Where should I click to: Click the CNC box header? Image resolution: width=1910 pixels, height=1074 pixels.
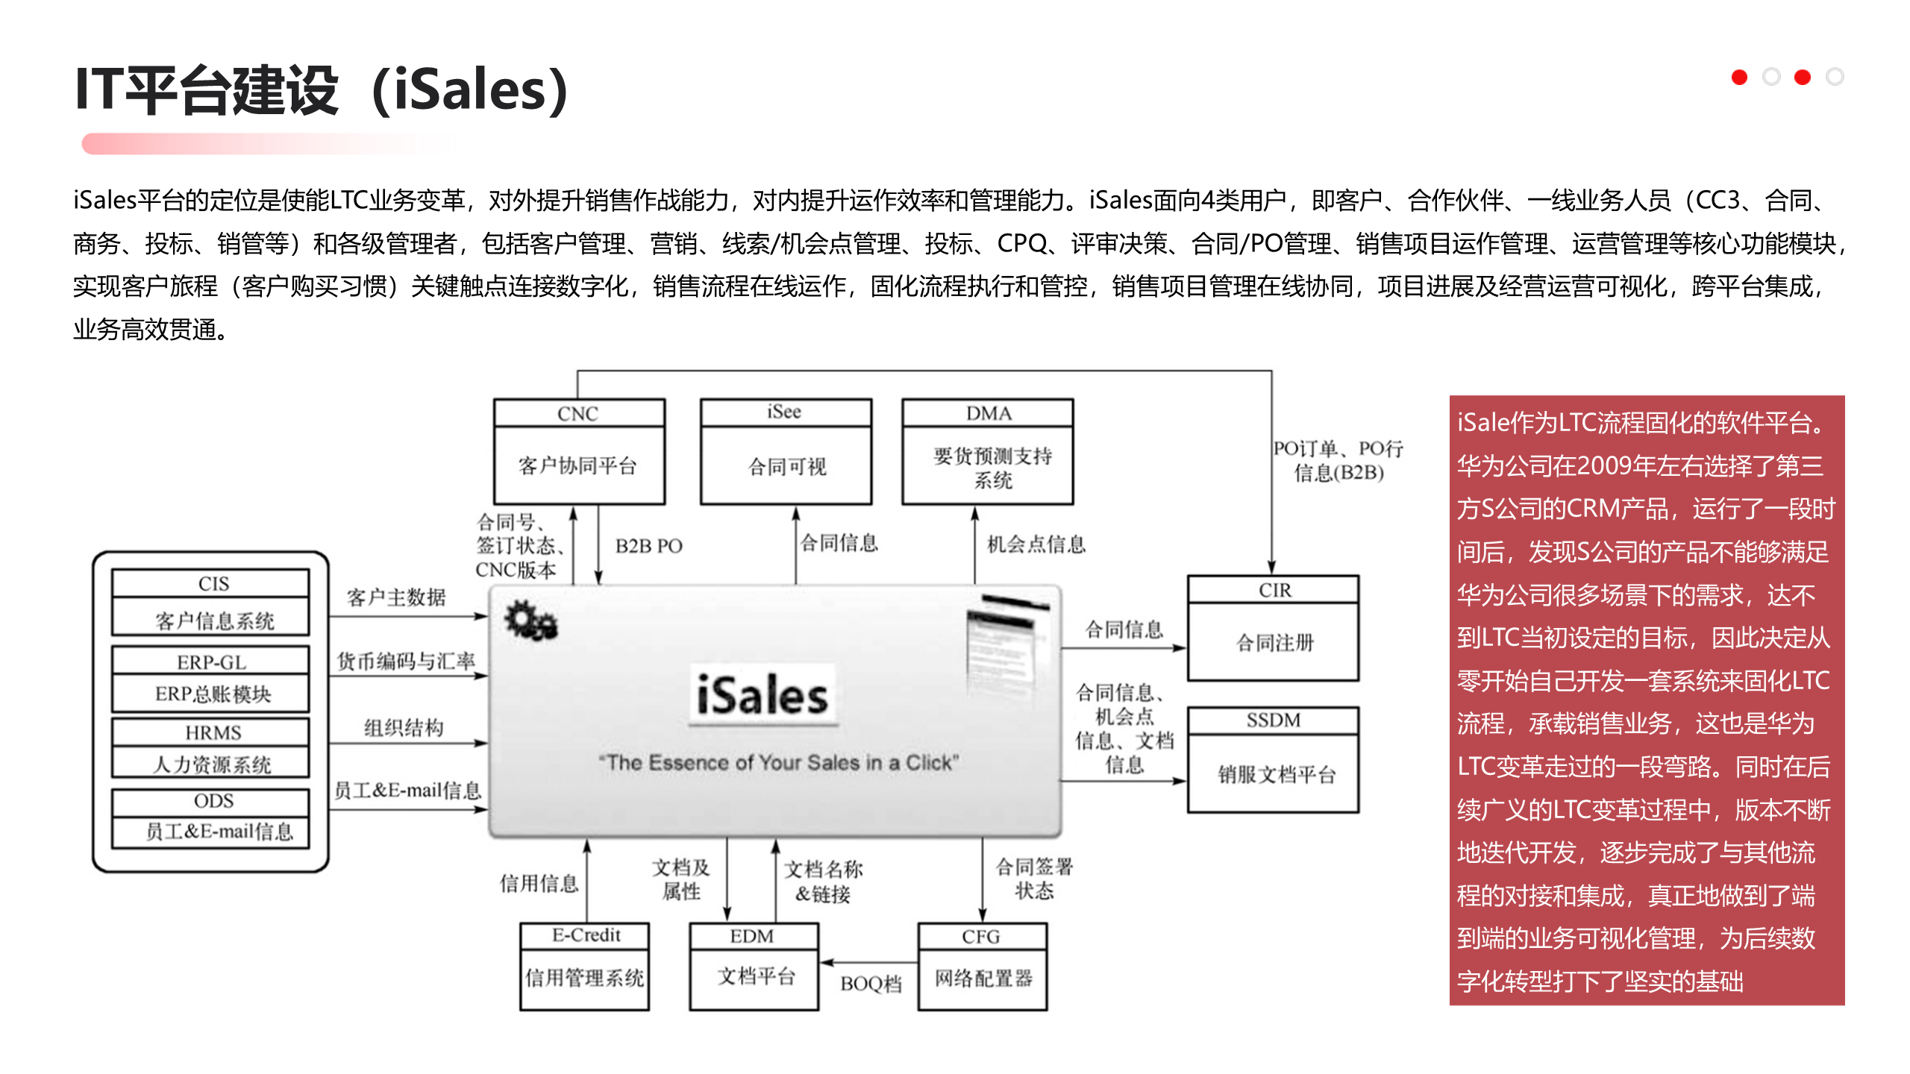[578, 413]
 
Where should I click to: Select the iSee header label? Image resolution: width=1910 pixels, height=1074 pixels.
[784, 412]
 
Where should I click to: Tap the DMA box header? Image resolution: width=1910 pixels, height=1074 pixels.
[988, 413]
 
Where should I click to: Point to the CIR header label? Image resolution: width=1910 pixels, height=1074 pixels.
[1274, 590]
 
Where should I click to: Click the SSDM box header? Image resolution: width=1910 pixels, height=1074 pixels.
[1273, 720]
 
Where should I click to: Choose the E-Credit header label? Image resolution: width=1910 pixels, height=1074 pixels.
[586, 935]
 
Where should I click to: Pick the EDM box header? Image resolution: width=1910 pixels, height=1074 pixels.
[752, 936]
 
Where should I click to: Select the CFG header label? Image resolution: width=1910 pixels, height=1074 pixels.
[980, 936]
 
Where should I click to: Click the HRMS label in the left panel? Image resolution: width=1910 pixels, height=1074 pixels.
[213, 733]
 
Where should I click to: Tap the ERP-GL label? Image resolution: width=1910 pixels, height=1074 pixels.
[211, 662]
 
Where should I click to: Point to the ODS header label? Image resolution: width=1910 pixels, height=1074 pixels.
[213, 801]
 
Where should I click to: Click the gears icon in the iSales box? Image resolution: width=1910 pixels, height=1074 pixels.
[530, 620]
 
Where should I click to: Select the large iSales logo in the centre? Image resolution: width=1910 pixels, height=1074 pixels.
[763, 695]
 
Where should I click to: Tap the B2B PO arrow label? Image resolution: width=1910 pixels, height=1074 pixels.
[648, 546]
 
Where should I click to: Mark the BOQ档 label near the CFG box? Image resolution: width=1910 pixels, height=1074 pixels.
[871, 984]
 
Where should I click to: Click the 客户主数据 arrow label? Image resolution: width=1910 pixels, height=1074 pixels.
[396, 597]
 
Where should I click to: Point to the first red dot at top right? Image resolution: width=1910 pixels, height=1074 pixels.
[1739, 77]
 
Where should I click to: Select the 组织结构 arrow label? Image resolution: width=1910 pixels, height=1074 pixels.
[404, 727]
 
